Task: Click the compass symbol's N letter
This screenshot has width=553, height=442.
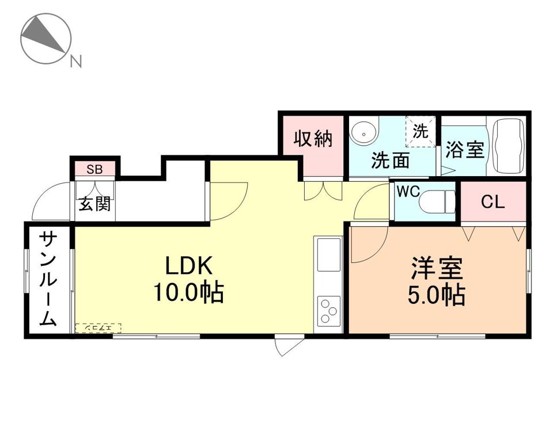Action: (x=75, y=60)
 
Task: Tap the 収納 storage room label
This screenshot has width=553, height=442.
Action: (x=313, y=139)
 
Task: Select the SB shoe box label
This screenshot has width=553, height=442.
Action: (x=95, y=169)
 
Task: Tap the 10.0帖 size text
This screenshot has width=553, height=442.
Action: (x=188, y=294)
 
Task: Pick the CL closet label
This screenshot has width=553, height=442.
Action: (x=493, y=202)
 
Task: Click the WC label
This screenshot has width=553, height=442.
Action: (x=407, y=192)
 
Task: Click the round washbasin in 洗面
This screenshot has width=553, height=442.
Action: (x=363, y=134)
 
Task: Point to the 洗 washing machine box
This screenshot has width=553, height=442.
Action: (x=421, y=132)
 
